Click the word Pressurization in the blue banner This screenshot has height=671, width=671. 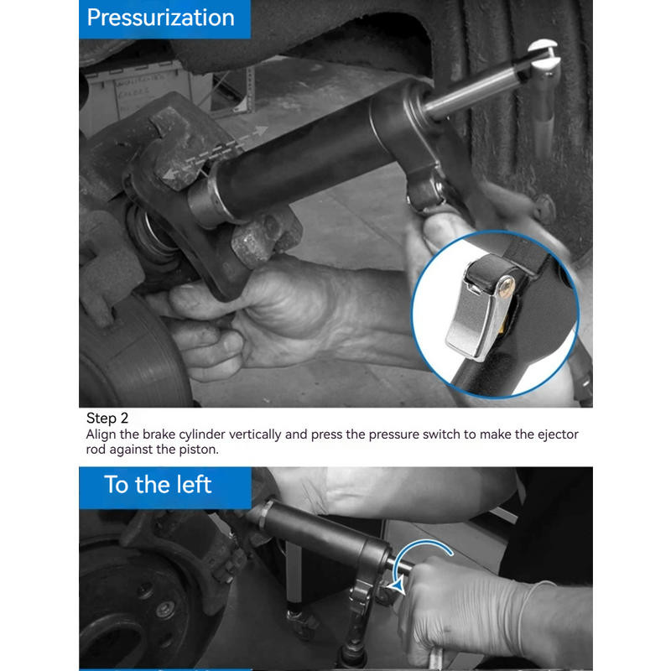pos(160,18)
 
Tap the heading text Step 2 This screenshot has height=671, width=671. pos(107,418)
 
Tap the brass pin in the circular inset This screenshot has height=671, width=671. pos(507,288)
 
